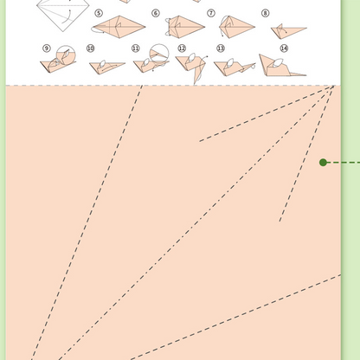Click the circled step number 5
(99, 14)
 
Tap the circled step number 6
(156, 14)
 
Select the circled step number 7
(210, 13)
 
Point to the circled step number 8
(265, 14)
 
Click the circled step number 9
(46, 49)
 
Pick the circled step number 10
(91, 49)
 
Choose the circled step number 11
(136, 49)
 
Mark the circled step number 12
(182, 49)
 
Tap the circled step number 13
(220, 49)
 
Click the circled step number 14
(284, 49)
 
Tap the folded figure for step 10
(104, 65)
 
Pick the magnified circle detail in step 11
(159, 54)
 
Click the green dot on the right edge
(324, 162)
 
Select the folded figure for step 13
(228, 65)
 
